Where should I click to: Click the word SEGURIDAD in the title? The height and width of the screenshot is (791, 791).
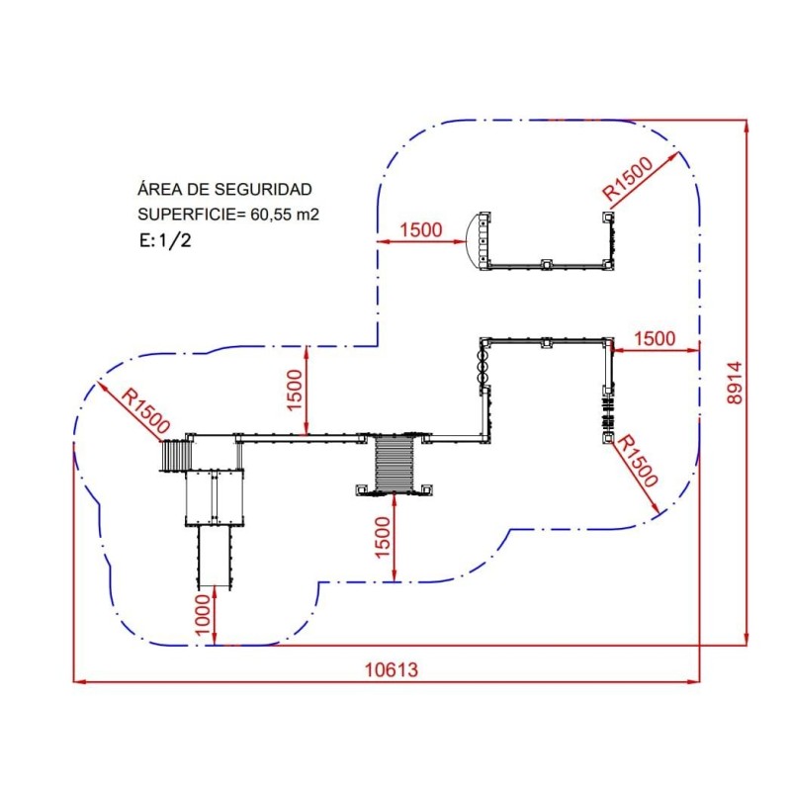[268, 189]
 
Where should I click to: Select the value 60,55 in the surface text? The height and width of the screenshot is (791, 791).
[265, 213]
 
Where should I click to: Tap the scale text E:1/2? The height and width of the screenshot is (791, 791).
[163, 238]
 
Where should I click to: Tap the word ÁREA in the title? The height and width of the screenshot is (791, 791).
[157, 189]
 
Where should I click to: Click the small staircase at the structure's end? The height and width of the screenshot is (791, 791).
[176, 456]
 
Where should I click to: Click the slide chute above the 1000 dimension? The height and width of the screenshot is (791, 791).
[215, 555]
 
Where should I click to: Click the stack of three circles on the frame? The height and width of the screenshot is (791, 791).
[483, 365]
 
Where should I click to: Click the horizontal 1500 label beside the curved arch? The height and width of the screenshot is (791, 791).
[420, 230]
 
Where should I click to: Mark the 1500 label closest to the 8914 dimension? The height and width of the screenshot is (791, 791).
[655, 338]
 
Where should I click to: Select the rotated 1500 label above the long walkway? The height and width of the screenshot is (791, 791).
[295, 390]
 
